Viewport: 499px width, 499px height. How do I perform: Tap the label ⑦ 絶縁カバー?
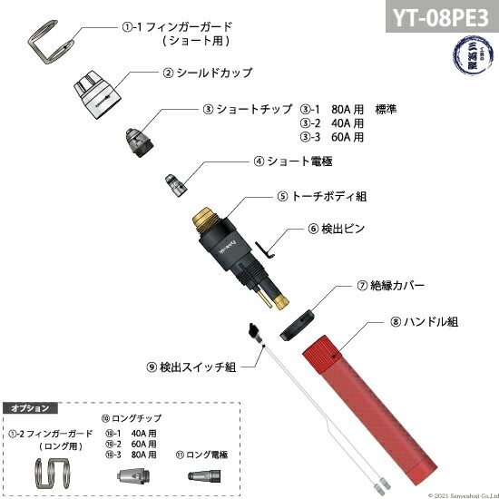click(391, 285)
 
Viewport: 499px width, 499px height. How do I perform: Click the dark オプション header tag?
click(30, 408)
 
